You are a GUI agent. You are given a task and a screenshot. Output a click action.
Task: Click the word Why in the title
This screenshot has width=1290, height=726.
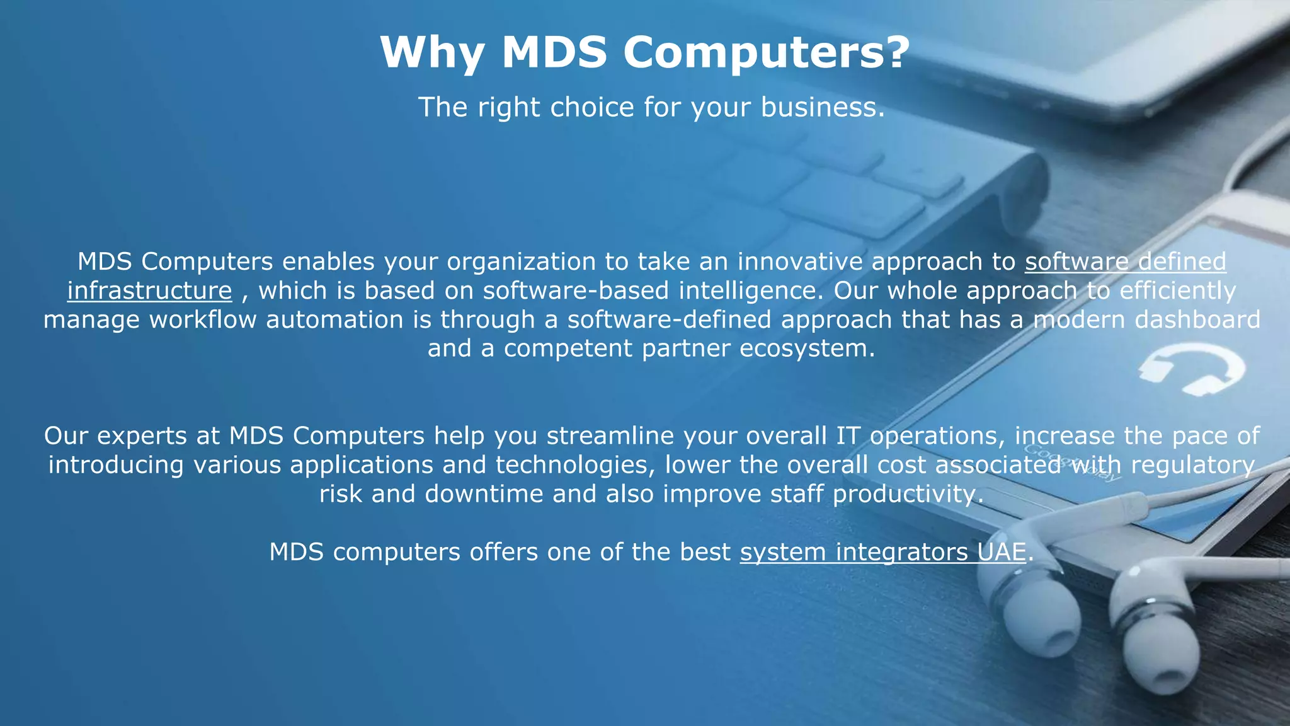[432, 53]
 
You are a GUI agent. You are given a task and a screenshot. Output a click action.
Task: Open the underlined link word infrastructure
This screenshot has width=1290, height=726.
[150, 291]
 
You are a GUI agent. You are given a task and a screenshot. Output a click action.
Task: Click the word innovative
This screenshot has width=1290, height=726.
[799, 262]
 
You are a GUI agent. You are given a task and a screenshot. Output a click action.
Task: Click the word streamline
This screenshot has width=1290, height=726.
[610, 436]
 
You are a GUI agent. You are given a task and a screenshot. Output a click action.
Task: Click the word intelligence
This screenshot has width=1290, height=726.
[751, 291]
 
